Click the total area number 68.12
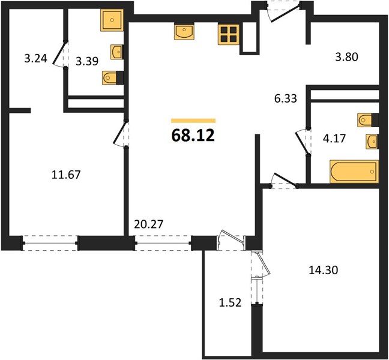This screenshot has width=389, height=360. [193, 136]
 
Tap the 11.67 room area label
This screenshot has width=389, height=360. [66, 175]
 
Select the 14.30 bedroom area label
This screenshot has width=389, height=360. [323, 270]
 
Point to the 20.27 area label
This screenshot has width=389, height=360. [149, 224]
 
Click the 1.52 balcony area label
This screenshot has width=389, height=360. [231, 303]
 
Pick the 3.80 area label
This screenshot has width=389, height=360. [346, 57]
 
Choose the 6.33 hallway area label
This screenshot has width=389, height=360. [286, 98]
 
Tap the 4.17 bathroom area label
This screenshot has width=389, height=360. [334, 139]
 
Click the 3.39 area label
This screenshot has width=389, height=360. [87, 61]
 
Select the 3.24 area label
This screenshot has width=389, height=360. [36, 59]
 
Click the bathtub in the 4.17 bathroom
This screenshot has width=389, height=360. [354, 172]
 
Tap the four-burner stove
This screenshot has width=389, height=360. [229, 34]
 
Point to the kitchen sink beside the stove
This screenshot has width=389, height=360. [184, 32]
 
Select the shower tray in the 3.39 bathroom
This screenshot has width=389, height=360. [112, 20]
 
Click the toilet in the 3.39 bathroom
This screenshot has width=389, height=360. [113, 78]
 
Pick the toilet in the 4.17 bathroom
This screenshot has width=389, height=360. [368, 120]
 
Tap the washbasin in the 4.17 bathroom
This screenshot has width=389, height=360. [372, 142]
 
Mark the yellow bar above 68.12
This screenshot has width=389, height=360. [193, 121]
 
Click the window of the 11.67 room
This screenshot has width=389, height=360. [50, 243]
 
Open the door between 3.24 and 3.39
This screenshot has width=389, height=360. [60, 53]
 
